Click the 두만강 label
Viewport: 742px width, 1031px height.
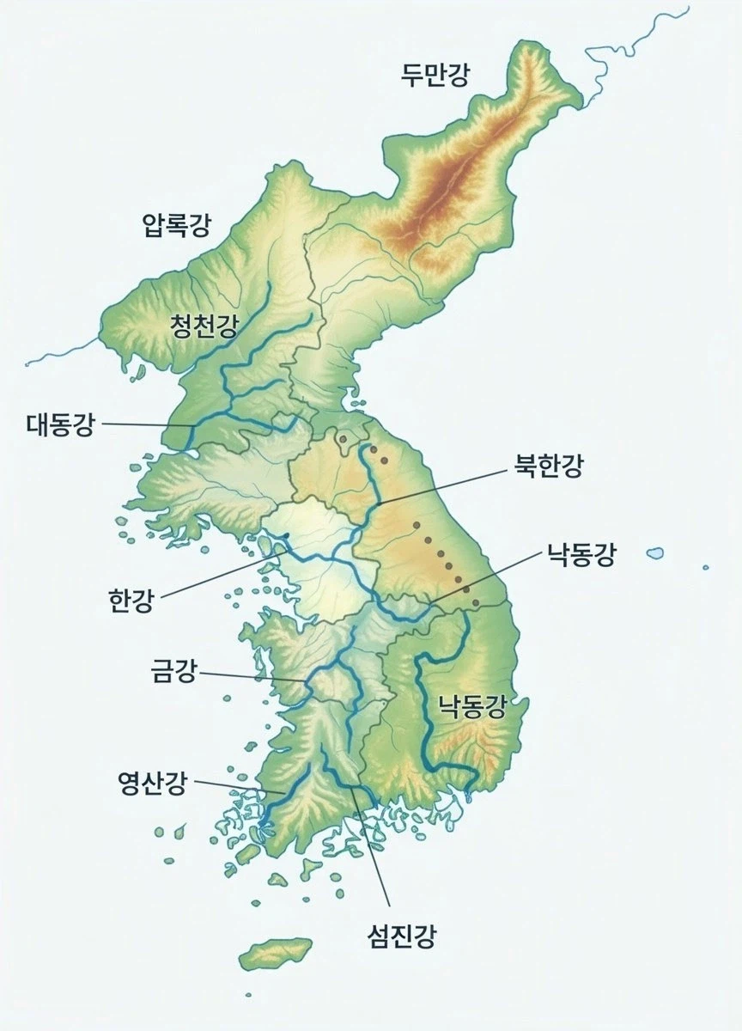[435, 76]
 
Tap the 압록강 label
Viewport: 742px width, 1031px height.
[176, 226]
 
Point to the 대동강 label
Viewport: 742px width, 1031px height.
[60, 424]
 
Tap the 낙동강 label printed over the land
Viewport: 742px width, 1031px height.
[471, 707]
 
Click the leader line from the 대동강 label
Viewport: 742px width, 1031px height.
[146, 424]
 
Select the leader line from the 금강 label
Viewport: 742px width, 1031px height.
[253, 678]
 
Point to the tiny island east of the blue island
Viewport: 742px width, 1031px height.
[706, 567]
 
